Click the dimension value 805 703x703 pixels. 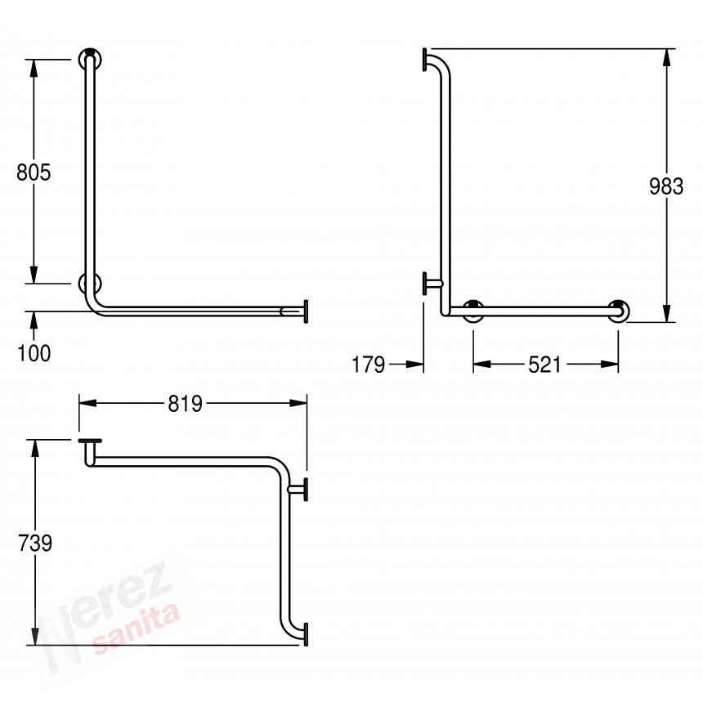click(x=34, y=172)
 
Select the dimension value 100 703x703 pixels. click(x=34, y=353)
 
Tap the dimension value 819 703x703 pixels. click(x=186, y=404)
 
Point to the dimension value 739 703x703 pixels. click(x=35, y=543)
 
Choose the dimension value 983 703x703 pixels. click(x=666, y=186)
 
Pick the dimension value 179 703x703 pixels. click(x=368, y=365)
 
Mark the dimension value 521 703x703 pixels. click(x=544, y=365)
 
